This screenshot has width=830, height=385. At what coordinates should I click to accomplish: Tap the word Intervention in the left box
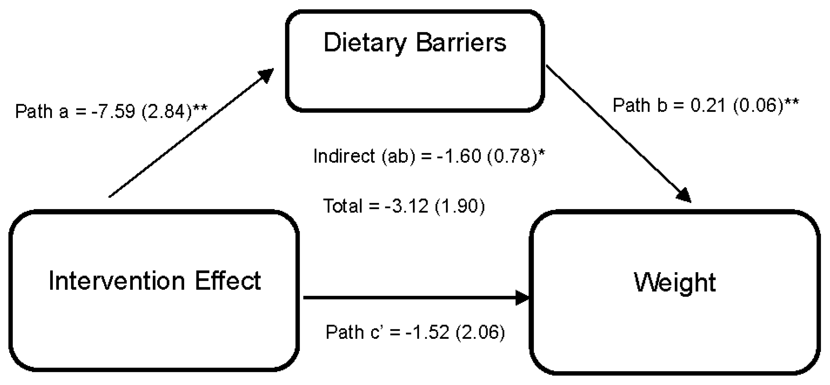coord(117,281)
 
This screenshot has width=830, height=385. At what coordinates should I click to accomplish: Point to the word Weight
coord(675,283)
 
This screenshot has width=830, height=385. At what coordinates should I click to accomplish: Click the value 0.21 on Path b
coord(708,105)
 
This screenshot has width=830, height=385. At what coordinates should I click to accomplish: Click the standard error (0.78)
coord(512,156)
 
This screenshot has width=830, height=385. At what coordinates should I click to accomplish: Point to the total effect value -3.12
coord(406,206)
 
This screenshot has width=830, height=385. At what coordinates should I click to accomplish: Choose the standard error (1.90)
coord(460,206)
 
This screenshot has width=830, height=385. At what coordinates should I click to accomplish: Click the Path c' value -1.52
coord(427,332)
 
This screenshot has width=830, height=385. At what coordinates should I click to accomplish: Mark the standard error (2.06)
coord(480,332)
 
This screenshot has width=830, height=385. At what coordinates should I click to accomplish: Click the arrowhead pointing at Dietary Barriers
coord(266,75)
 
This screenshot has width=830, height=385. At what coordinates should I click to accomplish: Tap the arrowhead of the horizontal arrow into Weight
coord(522,298)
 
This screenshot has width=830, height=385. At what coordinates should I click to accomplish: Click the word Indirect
coord(344,156)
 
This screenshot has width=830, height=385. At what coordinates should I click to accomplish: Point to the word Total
coord(342,206)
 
